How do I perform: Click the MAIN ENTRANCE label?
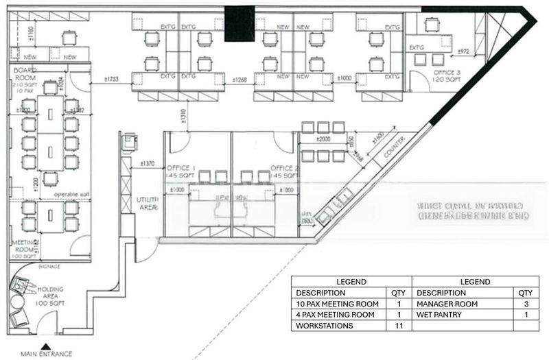click(46, 354)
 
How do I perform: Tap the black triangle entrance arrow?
click(45, 346)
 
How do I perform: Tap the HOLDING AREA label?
click(50, 294)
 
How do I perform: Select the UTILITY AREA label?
click(148, 203)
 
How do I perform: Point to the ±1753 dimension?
click(112, 80)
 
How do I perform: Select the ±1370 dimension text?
click(147, 164)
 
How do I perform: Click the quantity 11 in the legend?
click(397, 326)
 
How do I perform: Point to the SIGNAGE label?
click(49, 266)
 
